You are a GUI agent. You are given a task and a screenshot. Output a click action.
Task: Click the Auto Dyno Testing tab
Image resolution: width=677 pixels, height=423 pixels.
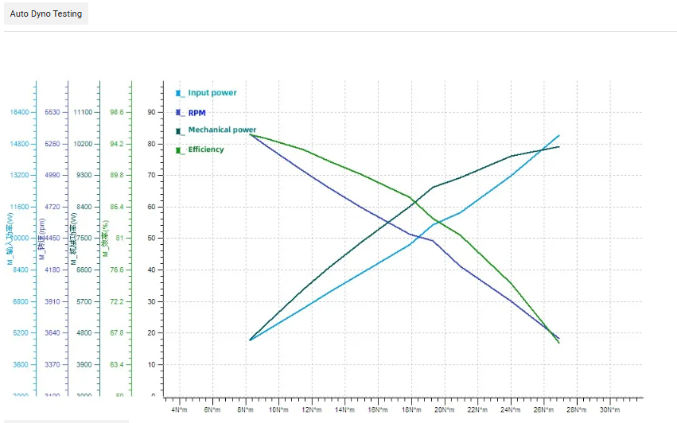[45, 14]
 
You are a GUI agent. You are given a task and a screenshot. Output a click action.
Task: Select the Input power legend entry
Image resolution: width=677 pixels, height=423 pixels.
[212, 93]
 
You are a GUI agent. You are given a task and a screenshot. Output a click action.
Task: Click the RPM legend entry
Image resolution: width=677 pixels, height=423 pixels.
[196, 113]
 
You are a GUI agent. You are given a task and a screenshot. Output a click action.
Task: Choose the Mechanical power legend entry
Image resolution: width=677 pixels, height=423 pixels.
[221, 130]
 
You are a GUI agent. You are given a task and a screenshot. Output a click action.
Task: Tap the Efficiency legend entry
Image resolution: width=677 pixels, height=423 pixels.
[205, 149]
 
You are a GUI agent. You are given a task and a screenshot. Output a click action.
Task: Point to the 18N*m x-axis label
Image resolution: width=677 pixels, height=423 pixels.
[411, 409]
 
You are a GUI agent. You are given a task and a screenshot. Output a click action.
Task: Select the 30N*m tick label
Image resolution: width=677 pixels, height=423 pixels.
[609, 409]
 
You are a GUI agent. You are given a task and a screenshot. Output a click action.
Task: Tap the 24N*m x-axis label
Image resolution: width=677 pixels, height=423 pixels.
[511, 409]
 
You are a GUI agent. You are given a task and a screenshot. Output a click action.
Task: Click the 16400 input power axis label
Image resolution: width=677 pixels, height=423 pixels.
[19, 112]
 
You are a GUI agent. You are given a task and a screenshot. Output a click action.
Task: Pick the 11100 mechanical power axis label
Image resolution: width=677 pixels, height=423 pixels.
[82, 112]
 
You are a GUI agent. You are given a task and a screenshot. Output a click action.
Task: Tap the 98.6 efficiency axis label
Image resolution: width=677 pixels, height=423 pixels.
[116, 112]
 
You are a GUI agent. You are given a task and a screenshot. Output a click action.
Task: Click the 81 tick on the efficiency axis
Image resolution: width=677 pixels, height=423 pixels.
[119, 239]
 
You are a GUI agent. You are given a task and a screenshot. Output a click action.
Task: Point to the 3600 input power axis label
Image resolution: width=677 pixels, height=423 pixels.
[21, 364]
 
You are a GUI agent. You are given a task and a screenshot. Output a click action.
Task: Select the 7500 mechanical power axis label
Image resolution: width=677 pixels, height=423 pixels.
[84, 239]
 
